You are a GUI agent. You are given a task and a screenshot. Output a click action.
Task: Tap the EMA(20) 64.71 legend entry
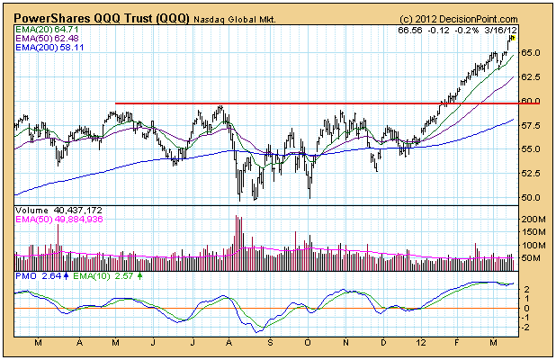coord(46,31)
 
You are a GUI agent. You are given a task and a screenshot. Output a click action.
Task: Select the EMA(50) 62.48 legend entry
coord(46,40)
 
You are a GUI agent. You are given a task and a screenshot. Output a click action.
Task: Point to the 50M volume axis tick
coord(531,258)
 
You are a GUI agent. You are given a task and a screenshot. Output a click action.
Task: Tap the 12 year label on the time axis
coord(422,343)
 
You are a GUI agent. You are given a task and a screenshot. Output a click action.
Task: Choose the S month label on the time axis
coord(269,343)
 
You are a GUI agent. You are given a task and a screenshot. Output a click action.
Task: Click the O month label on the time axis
coord(308,343)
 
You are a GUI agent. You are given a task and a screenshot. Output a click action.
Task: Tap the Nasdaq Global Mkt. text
coord(236,18)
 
